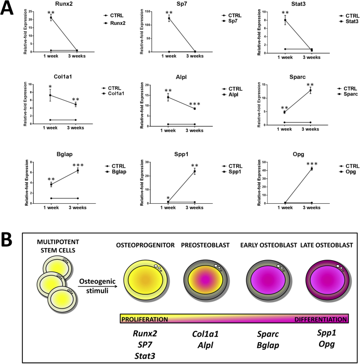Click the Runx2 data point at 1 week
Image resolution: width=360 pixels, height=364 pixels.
(51, 18)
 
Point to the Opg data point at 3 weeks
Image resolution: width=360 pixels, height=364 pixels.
(311, 169)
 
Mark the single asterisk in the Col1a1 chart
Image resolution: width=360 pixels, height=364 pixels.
(50, 88)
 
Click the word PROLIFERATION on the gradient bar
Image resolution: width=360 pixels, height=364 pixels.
(144, 319)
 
